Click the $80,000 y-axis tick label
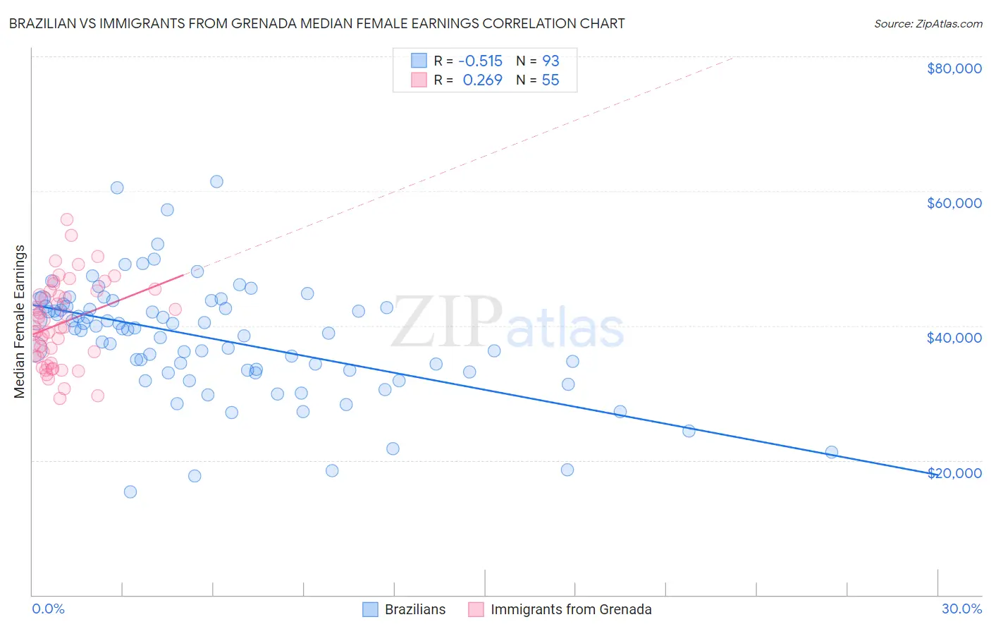click(x=954, y=68)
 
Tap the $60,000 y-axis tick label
click(x=954, y=203)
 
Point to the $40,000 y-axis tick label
click(x=954, y=338)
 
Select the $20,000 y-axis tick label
click(x=954, y=473)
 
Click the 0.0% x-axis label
click(x=48, y=609)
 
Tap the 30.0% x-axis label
click(x=961, y=609)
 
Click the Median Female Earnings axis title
click(x=20, y=322)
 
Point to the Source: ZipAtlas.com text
click(x=928, y=24)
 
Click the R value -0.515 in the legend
click(x=480, y=61)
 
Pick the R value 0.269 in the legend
click(x=482, y=80)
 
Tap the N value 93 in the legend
click(x=550, y=61)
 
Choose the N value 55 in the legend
click(x=550, y=80)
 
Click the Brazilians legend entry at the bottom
click(x=414, y=609)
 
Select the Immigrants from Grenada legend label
click(x=571, y=609)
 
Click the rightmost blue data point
click(x=832, y=452)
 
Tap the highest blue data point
click(x=216, y=182)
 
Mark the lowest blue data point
click(x=130, y=491)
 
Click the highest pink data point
click(x=67, y=219)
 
